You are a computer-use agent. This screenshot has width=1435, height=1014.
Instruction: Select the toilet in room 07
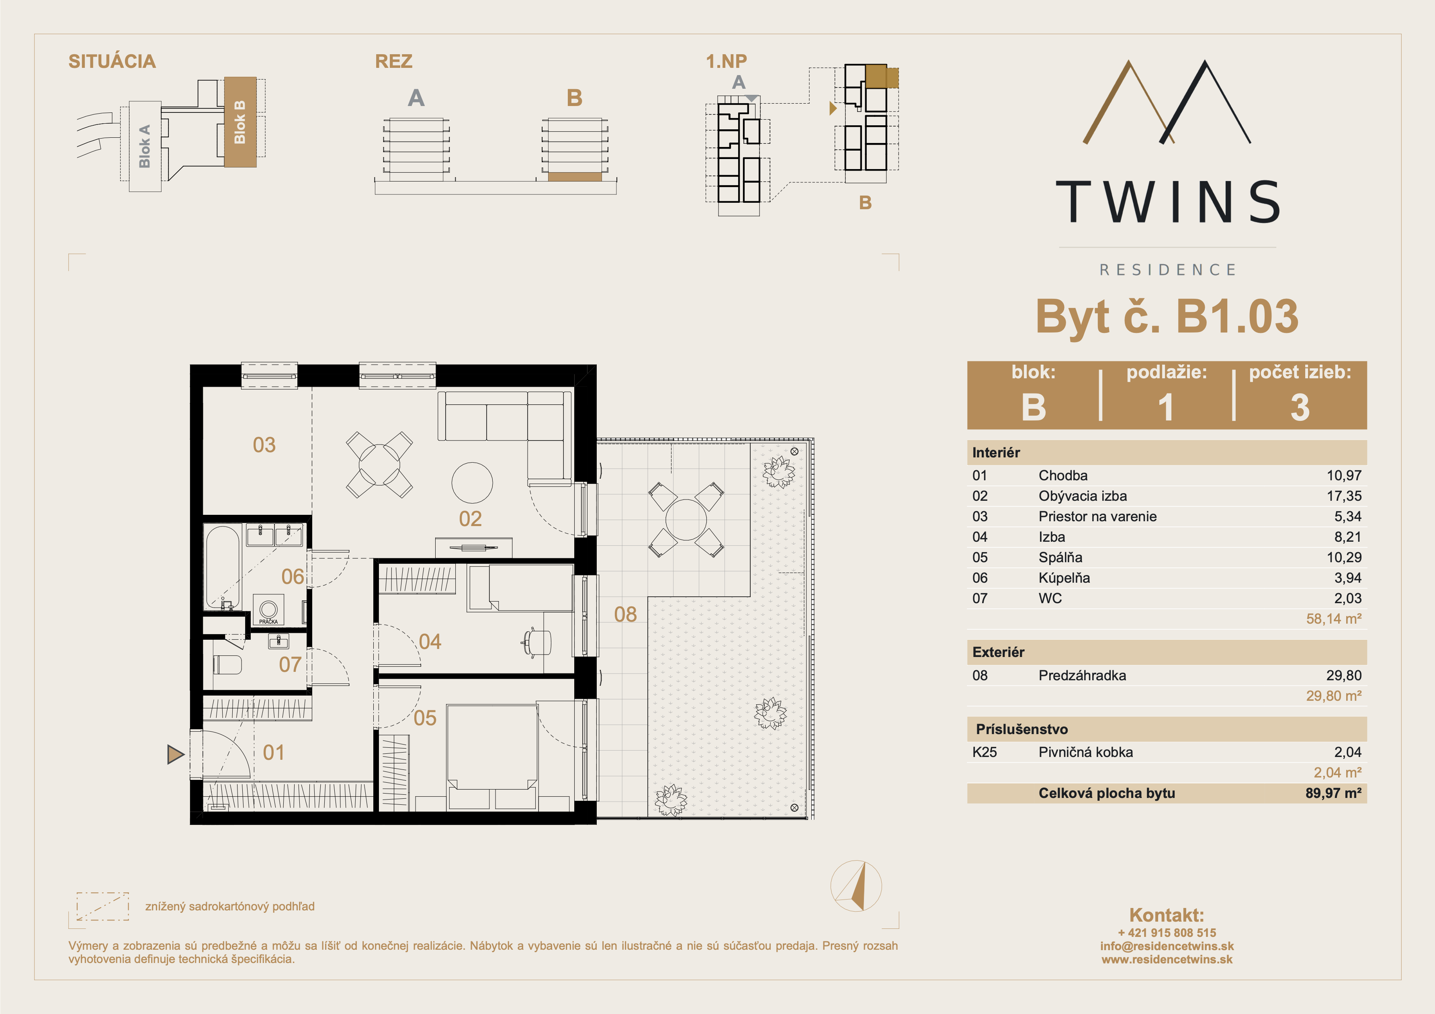227,664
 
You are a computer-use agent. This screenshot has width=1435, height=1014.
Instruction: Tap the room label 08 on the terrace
625,614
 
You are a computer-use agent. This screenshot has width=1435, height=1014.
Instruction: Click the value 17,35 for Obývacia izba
1344,496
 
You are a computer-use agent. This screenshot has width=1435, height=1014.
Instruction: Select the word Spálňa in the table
1060,557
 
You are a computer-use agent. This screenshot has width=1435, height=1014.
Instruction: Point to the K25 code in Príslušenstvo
985,752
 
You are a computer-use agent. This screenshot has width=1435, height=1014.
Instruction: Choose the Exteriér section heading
998,652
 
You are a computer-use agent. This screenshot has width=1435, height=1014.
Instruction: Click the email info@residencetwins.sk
1167,946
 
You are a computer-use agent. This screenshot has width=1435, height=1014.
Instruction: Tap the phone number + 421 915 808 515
1167,933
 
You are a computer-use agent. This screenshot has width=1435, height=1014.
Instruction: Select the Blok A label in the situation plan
144,146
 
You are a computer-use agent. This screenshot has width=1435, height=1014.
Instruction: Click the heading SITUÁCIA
112,61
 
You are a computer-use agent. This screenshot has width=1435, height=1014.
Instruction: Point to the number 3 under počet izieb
1300,407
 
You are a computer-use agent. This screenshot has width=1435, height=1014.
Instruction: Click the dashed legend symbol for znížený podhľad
102,906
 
